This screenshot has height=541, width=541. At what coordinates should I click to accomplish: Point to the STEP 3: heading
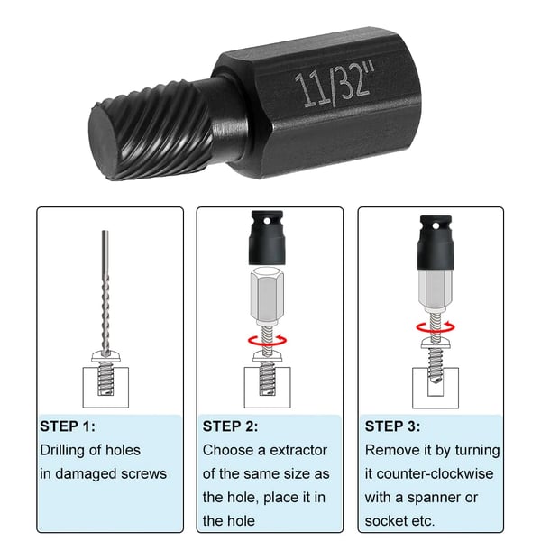392,426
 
